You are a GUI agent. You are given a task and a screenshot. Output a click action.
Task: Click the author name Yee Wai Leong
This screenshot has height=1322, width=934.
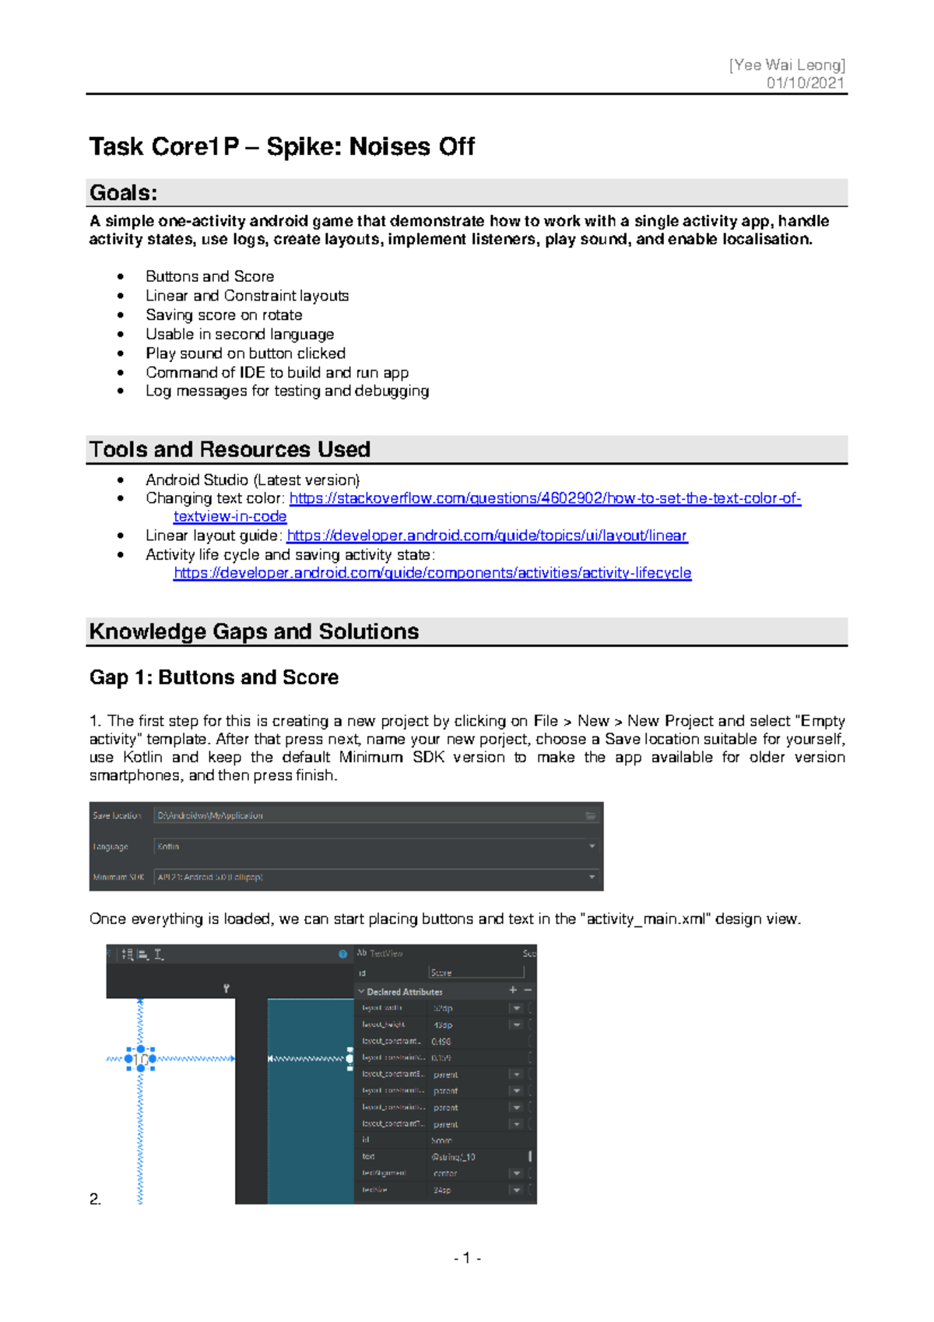point(787,65)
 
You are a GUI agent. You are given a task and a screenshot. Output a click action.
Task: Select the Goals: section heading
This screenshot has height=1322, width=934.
point(124,192)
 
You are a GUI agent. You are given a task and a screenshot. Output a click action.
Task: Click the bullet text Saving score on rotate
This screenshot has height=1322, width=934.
point(223,315)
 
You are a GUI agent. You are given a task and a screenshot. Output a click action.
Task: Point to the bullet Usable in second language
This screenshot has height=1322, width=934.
point(240,334)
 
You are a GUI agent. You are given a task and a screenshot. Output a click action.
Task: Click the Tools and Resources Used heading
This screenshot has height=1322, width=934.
point(230,449)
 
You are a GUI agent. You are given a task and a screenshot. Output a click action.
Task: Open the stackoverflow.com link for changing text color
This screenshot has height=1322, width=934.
point(545,498)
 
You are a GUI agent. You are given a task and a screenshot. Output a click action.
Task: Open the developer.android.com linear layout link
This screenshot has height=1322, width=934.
point(487,536)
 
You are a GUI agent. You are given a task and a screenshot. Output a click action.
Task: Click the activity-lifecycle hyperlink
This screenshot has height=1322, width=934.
point(432,573)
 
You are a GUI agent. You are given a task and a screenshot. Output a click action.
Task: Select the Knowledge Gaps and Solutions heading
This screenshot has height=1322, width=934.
point(254,631)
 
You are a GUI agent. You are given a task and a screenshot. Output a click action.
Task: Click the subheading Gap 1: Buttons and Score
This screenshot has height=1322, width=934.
point(214,677)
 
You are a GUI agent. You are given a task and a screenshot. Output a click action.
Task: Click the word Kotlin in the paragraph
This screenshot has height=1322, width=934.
point(142,758)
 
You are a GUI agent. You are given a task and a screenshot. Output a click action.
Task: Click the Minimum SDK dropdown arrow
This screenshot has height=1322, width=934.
point(592,877)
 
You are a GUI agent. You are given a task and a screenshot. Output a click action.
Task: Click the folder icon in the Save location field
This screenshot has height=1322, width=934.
point(591,815)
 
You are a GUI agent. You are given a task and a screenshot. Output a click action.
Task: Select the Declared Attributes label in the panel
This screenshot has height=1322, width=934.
point(404,992)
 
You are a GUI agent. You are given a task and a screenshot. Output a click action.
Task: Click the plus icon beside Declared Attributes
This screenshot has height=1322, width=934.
point(513,990)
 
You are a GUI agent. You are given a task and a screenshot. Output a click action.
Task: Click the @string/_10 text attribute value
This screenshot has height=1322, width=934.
point(454,1157)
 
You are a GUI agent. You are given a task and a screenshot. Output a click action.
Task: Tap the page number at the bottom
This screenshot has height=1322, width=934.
point(467,1258)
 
